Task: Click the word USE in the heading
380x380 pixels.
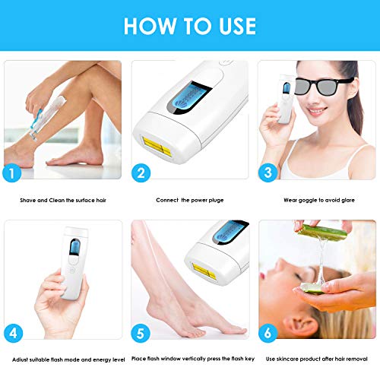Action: [238, 26]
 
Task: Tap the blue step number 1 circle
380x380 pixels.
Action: [11, 173]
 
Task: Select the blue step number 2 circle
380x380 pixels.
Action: [141, 173]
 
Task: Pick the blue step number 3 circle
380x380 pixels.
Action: [268, 173]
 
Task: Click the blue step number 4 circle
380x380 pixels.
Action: [13, 333]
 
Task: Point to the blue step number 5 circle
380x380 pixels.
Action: [141, 333]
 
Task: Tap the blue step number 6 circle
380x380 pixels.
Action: [268, 333]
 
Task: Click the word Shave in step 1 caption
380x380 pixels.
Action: [27, 200]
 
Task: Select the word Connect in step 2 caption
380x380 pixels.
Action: [167, 200]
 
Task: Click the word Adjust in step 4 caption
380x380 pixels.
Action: [20, 359]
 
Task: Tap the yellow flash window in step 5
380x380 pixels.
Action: [204, 271]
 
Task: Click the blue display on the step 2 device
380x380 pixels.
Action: [189, 98]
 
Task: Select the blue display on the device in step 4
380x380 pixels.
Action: [74, 247]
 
